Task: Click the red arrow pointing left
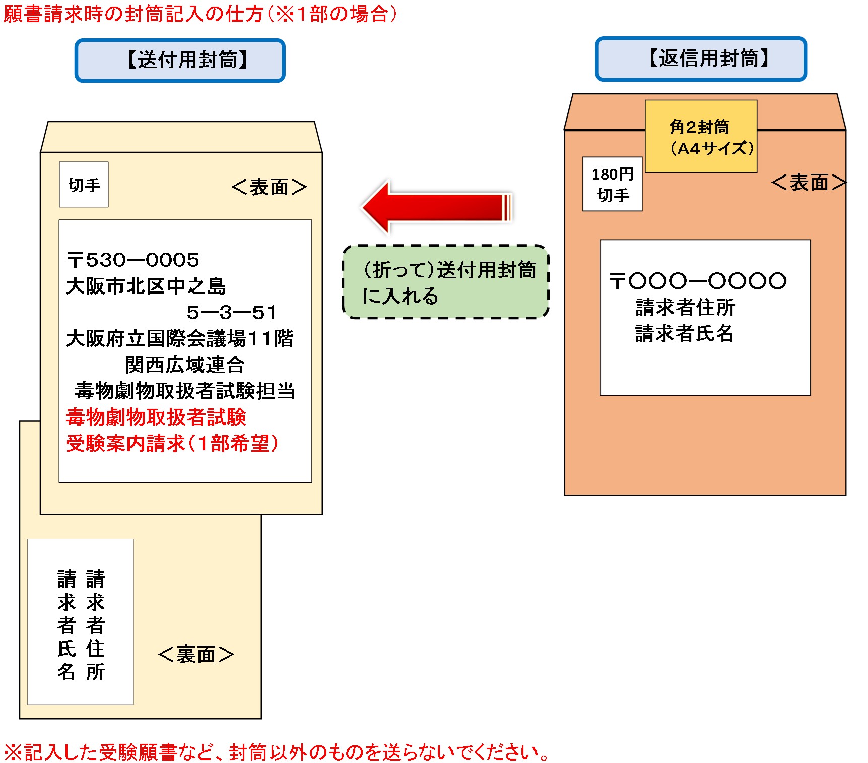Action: (436, 207)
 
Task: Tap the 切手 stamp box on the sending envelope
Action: (84, 185)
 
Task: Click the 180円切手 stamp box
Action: (612, 184)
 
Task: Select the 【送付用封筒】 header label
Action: (180, 61)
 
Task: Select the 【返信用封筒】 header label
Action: (701, 59)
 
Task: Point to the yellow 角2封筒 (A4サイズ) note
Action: (701, 137)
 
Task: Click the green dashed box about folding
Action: (445, 282)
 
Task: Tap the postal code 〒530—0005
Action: (133, 260)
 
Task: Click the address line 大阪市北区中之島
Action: (146, 286)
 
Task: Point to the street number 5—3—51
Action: (232, 313)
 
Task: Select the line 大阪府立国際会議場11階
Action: (179, 338)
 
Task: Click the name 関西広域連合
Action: (185, 365)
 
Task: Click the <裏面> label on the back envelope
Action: (196, 655)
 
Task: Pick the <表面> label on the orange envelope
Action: (808, 183)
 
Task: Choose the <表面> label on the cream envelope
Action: (269, 187)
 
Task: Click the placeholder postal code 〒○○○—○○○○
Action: (698, 281)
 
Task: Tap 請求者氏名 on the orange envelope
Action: (684, 333)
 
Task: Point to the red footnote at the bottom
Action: (276, 752)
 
